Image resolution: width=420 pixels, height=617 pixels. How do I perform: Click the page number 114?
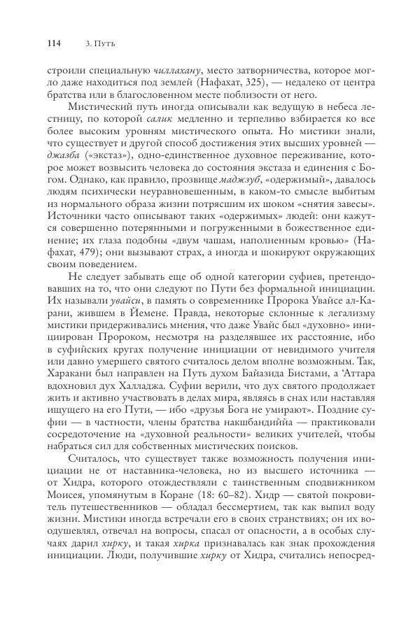[53, 43]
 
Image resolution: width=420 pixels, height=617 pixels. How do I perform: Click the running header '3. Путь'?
[99, 43]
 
